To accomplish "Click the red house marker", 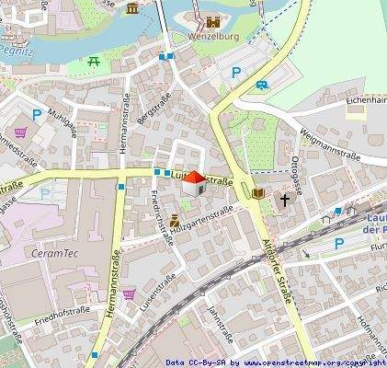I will pyautogui.click(x=192, y=183).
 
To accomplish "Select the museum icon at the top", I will pyautogui.click(x=133, y=9).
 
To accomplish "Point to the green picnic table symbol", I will pyautogui.click(x=94, y=61).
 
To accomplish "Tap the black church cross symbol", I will pyautogui.click(x=285, y=199).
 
